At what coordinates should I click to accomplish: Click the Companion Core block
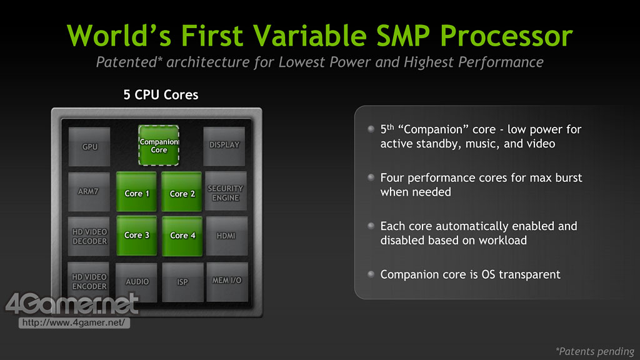tap(159, 145)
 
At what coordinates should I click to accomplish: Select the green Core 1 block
tap(136, 192)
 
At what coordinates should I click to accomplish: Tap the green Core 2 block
tap(182, 192)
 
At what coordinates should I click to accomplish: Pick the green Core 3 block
tap(137, 236)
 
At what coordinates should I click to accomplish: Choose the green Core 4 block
tap(182, 236)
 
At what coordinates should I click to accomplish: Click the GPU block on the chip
tap(89, 146)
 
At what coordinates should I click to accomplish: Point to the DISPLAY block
tap(224, 146)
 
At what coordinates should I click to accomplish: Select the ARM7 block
tap(89, 192)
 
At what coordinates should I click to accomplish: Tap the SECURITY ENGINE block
tap(226, 191)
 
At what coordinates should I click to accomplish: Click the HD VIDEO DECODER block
tap(89, 236)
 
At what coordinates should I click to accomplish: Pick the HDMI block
tap(226, 236)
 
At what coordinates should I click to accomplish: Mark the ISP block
tap(182, 282)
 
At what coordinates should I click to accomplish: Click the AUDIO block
tap(136, 282)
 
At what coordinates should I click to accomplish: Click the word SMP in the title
tap(402, 36)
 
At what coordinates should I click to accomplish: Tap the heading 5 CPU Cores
tap(161, 95)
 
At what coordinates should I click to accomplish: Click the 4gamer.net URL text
tap(74, 323)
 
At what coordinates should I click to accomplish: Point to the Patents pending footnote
tap(595, 351)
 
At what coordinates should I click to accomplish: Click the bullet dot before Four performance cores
tap(371, 177)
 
